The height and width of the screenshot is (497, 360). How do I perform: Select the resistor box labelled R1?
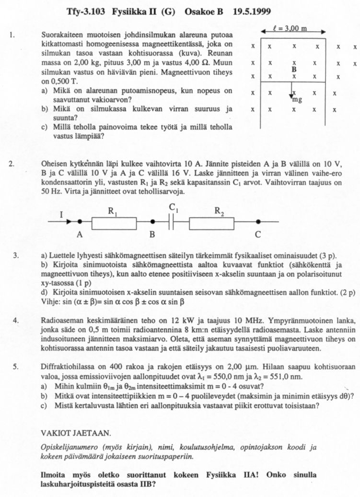click(116, 222)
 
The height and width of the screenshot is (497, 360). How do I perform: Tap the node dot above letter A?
click(80, 222)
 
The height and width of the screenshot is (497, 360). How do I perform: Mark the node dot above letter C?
click(258, 222)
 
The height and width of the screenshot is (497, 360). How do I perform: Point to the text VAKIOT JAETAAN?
click(76, 433)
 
